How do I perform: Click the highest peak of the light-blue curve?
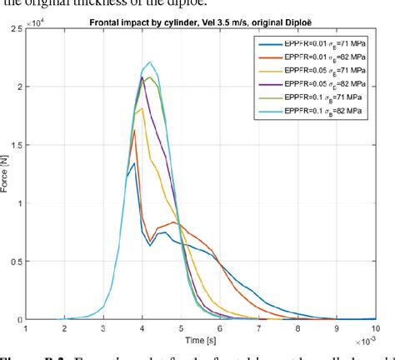point(149,62)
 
